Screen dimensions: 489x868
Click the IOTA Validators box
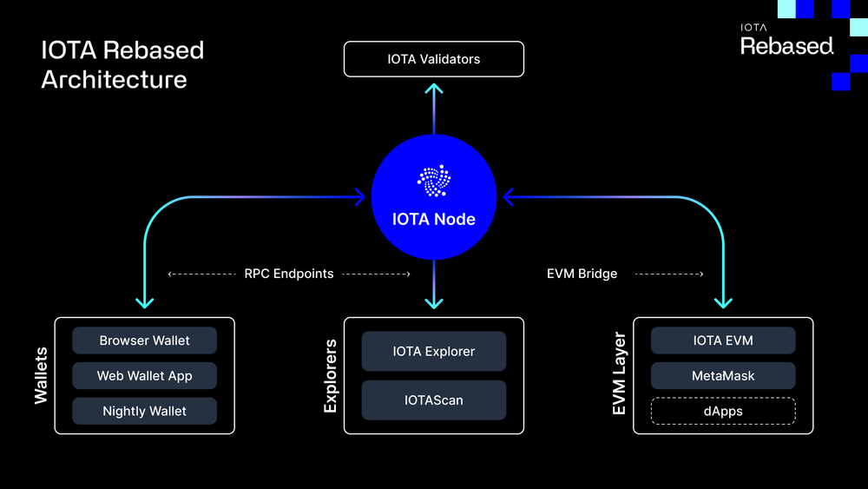(x=434, y=59)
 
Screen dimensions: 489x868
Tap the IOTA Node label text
(x=434, y=219)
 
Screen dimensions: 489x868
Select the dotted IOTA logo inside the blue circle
(x=434, y=181)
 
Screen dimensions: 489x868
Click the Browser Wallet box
(x=144, y=340)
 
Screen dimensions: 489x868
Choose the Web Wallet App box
(x=144, y=376)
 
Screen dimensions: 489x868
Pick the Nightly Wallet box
(x=144, y=411)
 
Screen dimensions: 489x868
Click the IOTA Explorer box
(x=434, y=352)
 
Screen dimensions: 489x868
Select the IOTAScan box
(x=434, y=400)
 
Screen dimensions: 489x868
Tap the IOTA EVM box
(x=723, y=340)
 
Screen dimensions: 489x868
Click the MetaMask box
(x=723, y=376)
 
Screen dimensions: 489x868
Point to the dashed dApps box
(x=723, y=411)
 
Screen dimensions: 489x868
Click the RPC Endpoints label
(x=289, y=274)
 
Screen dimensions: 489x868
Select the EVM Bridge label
(x=582, y=274)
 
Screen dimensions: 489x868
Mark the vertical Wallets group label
(x=41, y=376)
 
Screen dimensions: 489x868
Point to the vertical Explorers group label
(x=331, y=376)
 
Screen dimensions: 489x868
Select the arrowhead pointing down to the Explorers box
(x=434, y=302)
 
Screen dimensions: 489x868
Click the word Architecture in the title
(x=114, y=79)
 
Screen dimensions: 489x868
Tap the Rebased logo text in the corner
(x=786, y=46)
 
